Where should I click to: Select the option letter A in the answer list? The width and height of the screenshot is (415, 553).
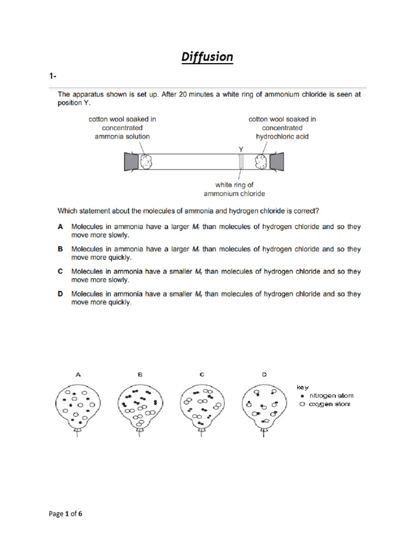click(x=61, y=227)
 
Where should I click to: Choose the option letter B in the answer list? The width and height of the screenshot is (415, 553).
click(x=61, y=249)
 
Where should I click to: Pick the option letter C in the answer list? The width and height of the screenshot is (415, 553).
click(x=61, y=272)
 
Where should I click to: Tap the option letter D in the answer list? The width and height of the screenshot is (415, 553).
click(x=61, y=294)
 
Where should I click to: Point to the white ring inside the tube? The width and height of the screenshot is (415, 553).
click(x=242, y=161)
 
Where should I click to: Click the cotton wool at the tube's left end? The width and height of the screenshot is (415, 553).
click(x=147, y=161)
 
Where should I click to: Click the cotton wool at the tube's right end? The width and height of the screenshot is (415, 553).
click(x=262, y=161)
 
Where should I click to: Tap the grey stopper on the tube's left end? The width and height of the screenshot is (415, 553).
click(x=131, y=161)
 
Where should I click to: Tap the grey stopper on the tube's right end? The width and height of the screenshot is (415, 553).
click(x=277, y=161)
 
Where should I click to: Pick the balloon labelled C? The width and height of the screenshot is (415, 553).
click(x=202, y=406)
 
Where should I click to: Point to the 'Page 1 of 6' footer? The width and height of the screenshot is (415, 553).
click(x=65, y=514)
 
